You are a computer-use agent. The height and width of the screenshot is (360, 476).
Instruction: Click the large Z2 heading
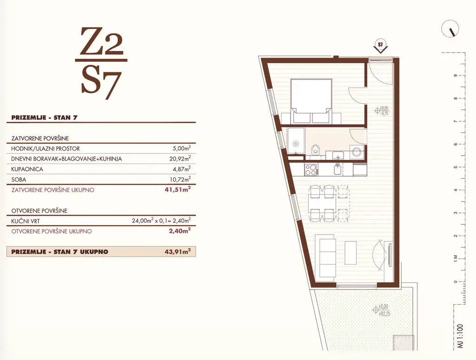click(x=102, y=41)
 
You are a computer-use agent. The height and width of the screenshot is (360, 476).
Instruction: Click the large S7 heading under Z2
click(x=101, y=85)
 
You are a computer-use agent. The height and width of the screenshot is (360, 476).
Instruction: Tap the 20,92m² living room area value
click(x=180, y=158)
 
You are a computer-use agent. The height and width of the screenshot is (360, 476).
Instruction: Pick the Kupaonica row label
click(x=27, y=169)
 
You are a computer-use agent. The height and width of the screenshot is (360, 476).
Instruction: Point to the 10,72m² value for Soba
click(x=180, y=179)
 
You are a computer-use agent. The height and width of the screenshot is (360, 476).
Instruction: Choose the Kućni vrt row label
click(x=26, y=221)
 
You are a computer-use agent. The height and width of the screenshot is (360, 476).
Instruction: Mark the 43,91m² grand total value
click(x=180, y=251)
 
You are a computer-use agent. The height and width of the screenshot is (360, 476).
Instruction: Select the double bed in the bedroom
click(x=311, y=101)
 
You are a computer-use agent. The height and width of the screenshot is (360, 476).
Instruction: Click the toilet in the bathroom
click(x=316, y=149)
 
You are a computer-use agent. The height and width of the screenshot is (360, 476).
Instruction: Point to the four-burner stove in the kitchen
click(x=311, y=170)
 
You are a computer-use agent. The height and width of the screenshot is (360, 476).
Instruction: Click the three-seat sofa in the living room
click(x=326, y=256)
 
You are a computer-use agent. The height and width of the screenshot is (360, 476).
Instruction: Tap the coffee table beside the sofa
click(x=351, y=253)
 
